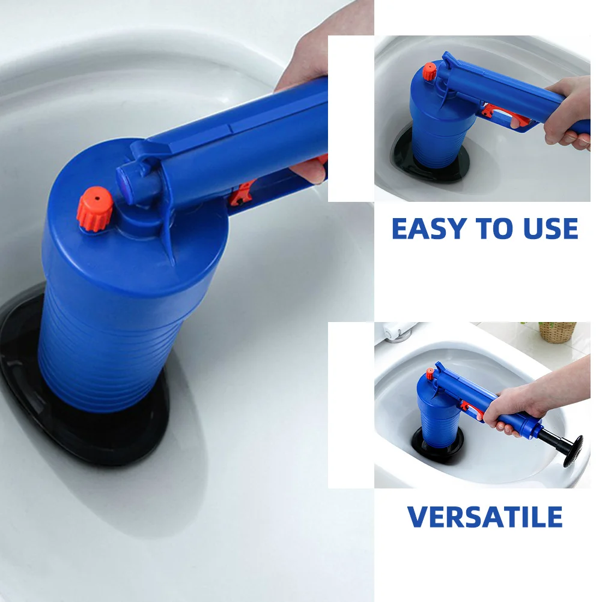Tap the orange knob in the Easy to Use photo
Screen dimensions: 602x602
point(429,72)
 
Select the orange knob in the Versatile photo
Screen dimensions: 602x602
point(430,374)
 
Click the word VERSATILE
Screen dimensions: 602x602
point(485,517)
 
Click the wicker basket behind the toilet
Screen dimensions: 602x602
point(557,332)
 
